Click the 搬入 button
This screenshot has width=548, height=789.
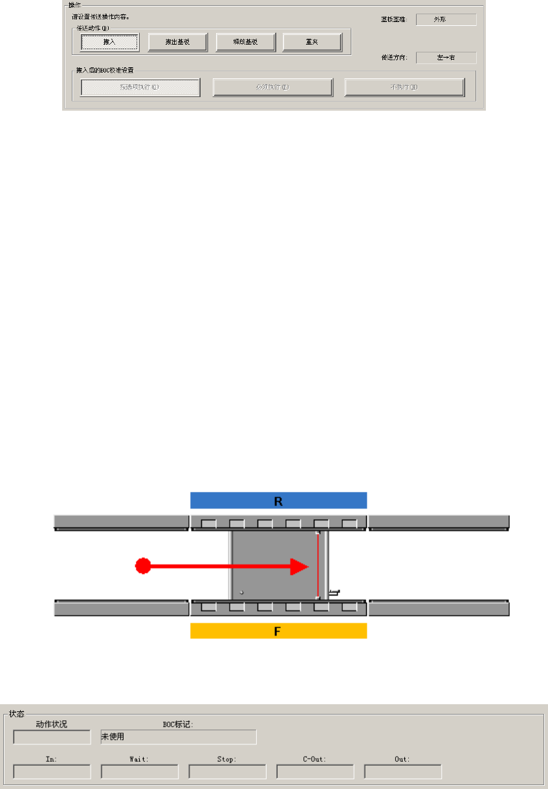click(109, 42)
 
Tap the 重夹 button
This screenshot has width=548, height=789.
click(312, 42)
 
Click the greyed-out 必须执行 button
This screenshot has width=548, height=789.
click(273, 87)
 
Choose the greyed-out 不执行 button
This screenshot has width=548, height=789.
click(404, 87)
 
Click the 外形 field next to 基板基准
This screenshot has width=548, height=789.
click(446, 19)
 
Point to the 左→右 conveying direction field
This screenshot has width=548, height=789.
click(446, 58)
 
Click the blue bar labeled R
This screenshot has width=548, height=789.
click(278, 500)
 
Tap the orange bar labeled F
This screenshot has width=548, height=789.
click(278, 630)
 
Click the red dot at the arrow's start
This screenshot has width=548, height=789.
click(142, 566)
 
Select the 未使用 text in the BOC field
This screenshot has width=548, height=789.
click(113, 737)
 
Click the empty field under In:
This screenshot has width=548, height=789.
click(52, 772)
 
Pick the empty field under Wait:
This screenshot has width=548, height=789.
click(139, 772)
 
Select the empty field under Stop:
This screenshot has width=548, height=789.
click(227, 772)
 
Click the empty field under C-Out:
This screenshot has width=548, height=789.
click(315, 772)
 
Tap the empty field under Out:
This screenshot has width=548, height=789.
click(402, 772)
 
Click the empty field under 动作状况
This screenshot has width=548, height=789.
click(52, 737)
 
